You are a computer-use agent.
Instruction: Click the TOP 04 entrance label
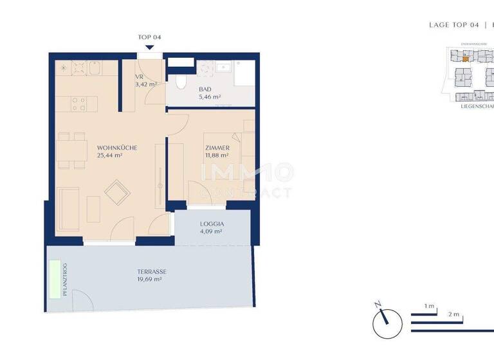click(149, 37)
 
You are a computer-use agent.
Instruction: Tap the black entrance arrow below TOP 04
click(149, 46)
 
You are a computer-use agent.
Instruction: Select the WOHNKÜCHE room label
click(117, 148)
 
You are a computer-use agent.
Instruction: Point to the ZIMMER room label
click(217, 148)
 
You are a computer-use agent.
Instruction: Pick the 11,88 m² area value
click(217, 156)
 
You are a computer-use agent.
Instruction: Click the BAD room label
click(205, 89)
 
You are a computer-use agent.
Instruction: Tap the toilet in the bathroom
click(181, 80)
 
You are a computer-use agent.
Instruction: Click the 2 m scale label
click(454, 314)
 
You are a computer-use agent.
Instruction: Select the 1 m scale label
click(430, 305)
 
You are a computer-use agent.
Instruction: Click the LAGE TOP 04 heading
click(454, 25)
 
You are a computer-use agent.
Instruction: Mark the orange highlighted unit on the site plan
click(466, 59)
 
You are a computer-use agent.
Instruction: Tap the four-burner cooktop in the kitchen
click(79, 103)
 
